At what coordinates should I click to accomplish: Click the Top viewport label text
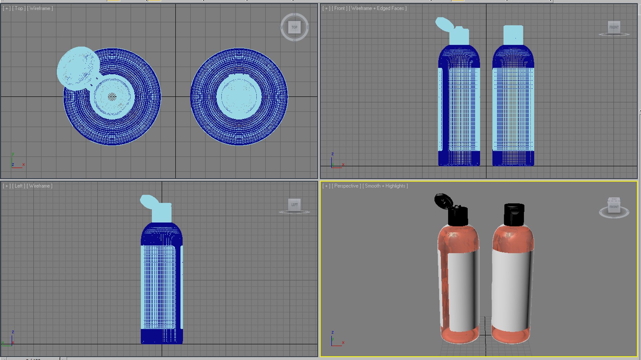(19, 8)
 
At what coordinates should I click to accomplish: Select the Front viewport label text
(339, 8)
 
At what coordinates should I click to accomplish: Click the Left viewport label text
(19, 186)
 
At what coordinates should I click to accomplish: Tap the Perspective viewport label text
(346, 186)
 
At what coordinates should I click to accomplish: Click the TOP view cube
(294, 27)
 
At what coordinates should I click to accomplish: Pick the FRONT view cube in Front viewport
(614, 27)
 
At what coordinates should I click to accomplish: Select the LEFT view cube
(294, 205)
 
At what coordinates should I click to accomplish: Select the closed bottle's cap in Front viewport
(513, 35)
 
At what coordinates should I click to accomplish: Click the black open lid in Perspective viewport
(443, 201)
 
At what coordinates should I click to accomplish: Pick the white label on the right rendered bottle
(511, 290)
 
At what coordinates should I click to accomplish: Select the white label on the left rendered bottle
(462, 292)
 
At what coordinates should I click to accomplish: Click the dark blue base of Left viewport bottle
(162, 336)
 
